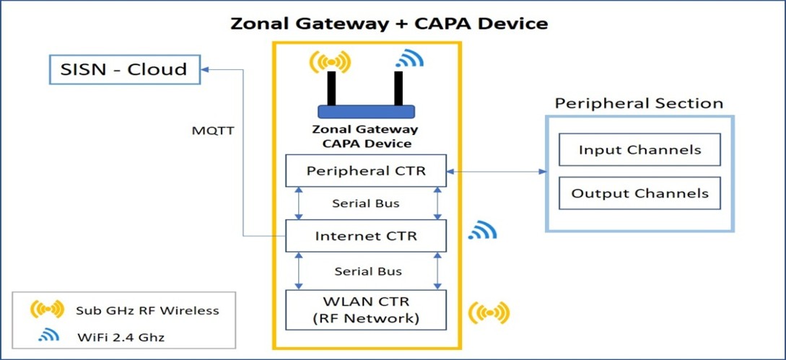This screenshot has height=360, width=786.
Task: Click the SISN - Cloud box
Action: (x=124, y=69)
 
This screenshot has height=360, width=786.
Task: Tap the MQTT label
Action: (x=212, y=131)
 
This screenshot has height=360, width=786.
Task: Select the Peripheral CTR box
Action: (x=365, y=171)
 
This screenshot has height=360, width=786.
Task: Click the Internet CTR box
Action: (x=365, y=236)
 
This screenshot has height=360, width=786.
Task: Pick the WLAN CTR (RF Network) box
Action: (x=365, y=310)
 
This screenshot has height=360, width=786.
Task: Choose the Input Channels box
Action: (x=639, y=149)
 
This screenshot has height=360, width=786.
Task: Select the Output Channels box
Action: (x=639, y=193)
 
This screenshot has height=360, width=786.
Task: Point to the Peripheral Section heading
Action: (x=639, y=104)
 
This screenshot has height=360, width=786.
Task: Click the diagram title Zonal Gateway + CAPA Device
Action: (x=389, y=23)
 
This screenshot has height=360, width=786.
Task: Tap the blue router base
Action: (x=366, y=112)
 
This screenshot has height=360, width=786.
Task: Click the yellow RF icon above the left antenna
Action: (x=331, y=61)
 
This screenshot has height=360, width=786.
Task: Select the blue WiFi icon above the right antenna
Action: (x=409, y=58)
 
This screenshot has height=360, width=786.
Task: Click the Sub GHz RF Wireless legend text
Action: (x=147, y=311)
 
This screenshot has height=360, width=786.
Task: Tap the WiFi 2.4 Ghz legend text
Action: (x=121, y=337)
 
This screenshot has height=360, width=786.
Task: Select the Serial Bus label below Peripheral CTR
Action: (x=366, y=203)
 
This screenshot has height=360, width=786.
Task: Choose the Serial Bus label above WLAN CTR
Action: (x=368, y=271)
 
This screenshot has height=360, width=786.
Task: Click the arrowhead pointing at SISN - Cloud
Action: (x=206, y=69)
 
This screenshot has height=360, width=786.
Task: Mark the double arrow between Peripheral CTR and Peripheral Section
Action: (x=497, y=172)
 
